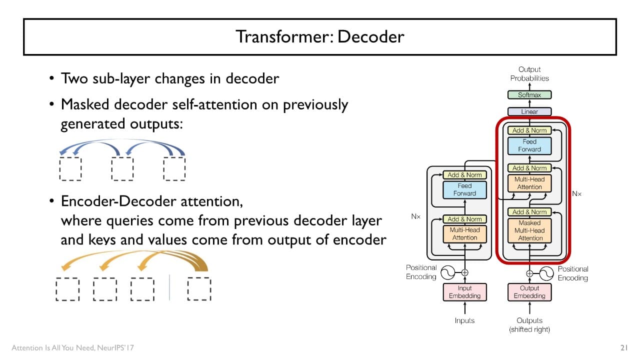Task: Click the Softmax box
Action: pos(529,95)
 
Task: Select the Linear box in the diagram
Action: pos(529,111)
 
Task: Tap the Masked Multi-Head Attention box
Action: pos(529,230)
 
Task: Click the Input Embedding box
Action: pos(464,292)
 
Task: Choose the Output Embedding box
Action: pos(529,292)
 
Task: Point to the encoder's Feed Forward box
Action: pos(464,189)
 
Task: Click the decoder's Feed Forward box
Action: pos(529,145)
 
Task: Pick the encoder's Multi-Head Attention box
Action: pos(464,234)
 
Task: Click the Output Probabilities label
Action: pos(529,73)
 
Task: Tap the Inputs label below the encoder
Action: pos(464,320)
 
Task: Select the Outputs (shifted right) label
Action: pos(529,324)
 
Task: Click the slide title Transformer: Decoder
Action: pos(319,36)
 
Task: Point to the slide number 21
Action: pos(623,347)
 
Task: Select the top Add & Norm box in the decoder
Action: pos(529,130)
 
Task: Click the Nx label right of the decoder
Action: pos(576,193)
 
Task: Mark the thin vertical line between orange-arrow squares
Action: pos(169,287)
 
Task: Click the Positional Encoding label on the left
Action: pos(421,272)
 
